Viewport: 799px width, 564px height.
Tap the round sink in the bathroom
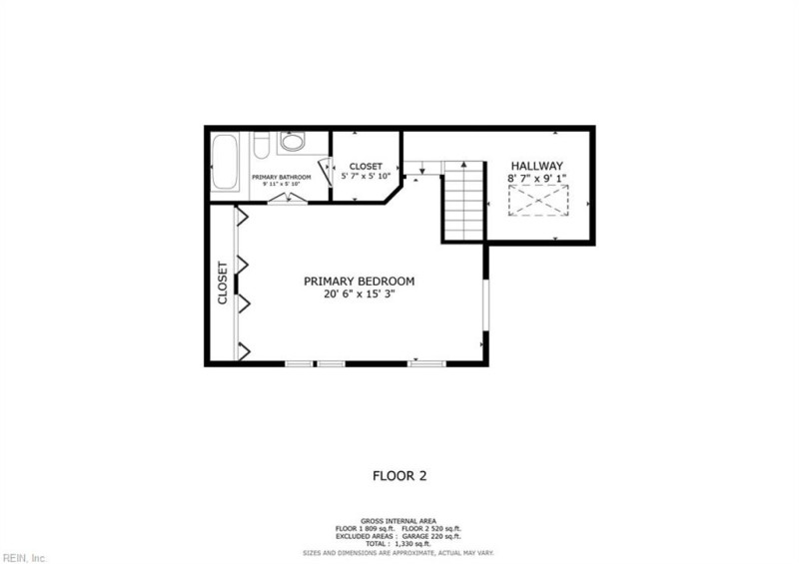pyautogui.click(x=293, y=143)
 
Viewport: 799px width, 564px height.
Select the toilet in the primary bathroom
pyautogui.click(x=261, y=147)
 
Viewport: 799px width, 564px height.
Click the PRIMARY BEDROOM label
pyautogui.click(x=359, y=282)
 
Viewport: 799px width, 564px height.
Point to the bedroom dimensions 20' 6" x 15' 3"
pyautogui.click(x=359, y=294)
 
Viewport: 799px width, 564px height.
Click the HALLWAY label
pyautogui.click(x=537, y=166)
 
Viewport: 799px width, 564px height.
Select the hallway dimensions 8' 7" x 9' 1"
pyautogui.click(x=537, y=179)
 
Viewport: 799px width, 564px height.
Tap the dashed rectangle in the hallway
pyautogui.click(x=537, y=203)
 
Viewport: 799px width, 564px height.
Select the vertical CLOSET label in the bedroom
pyautogui.click(x=223, y=283)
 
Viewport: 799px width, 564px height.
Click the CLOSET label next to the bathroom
pyautogui.click(x=366, y=166)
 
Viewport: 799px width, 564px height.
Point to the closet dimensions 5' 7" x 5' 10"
pyautogui.click(x=366, y=177)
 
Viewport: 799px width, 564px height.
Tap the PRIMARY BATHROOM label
pyautogui.click(x=281, y=177)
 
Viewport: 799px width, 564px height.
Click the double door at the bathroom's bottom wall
pyautogui.click(x=288, y=197)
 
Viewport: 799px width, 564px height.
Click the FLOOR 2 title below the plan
pyautogui.click(x=399, y=476)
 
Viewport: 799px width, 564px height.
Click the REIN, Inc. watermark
pyautogui.click(x=24, y=557)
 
